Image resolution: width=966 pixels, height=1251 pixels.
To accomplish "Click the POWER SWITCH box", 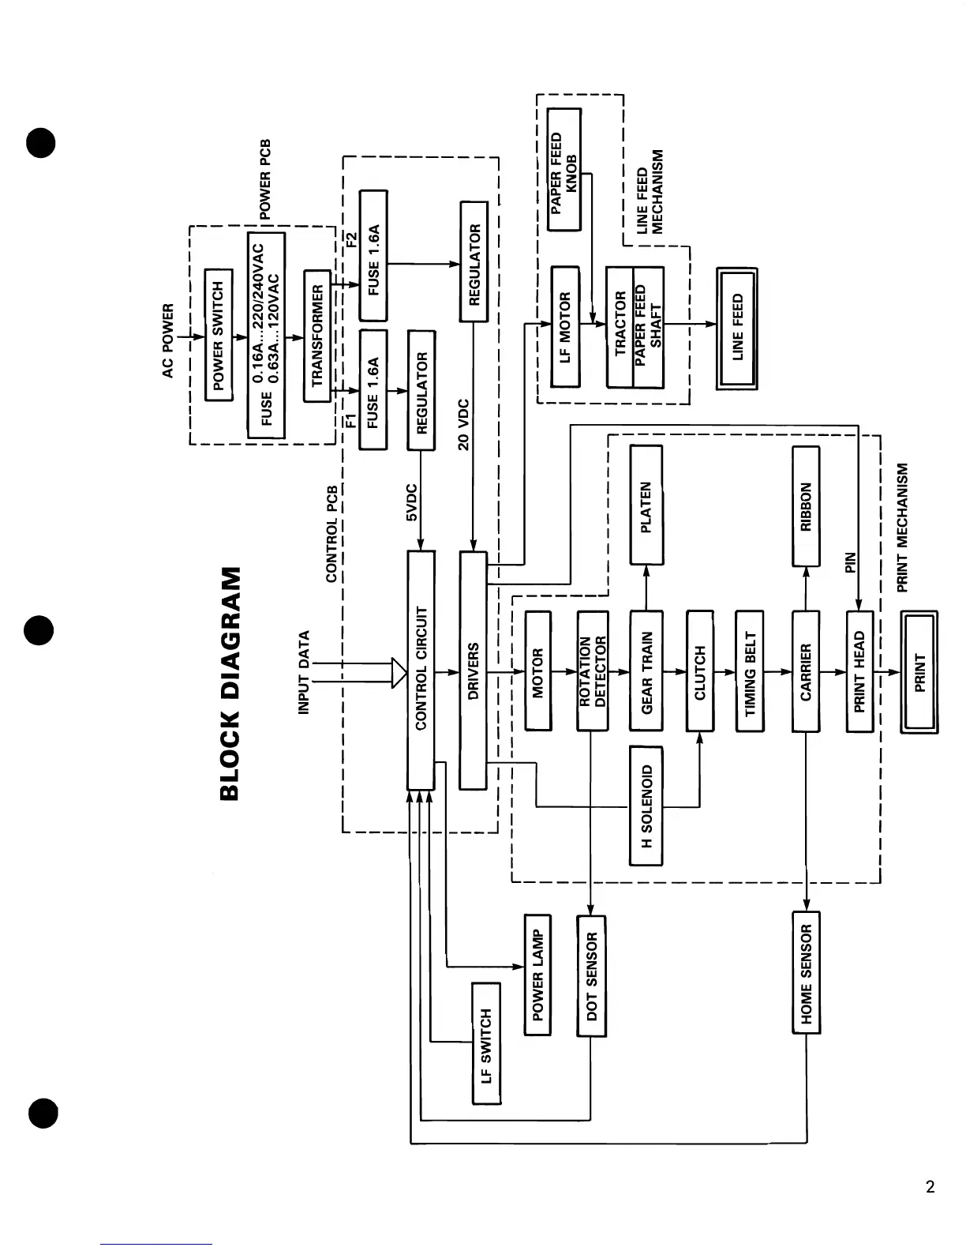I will [x=219, y=335].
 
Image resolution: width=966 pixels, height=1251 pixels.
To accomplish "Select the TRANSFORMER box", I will [x=317, y=335].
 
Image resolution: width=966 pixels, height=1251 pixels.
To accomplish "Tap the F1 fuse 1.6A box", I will [x=373, y=390].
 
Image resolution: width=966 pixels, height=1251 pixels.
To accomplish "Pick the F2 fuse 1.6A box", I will [x=373, y=255].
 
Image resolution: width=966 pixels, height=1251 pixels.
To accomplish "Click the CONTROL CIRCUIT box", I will [x=421, y=670].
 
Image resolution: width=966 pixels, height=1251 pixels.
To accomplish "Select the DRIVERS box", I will [x=473, y=670].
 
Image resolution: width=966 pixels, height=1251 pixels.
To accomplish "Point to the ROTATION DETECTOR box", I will [x=592, y=671].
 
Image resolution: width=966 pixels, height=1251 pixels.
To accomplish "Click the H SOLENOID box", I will [x=646, y=806].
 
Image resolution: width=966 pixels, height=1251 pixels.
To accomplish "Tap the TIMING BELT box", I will [x=749, y=671].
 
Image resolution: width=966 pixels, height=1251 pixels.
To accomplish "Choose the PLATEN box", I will [x=646, y=505].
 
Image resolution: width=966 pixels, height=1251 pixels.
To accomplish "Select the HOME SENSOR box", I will [x=806, y=972].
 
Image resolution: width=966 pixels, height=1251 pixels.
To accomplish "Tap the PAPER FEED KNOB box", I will [x=564, y=170].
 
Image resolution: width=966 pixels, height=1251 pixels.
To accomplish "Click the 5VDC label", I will [x=410, y=503].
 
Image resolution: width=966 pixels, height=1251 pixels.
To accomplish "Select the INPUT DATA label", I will [x=305, y=672].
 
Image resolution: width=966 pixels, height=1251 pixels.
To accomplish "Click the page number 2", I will [x=930, y=1187].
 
